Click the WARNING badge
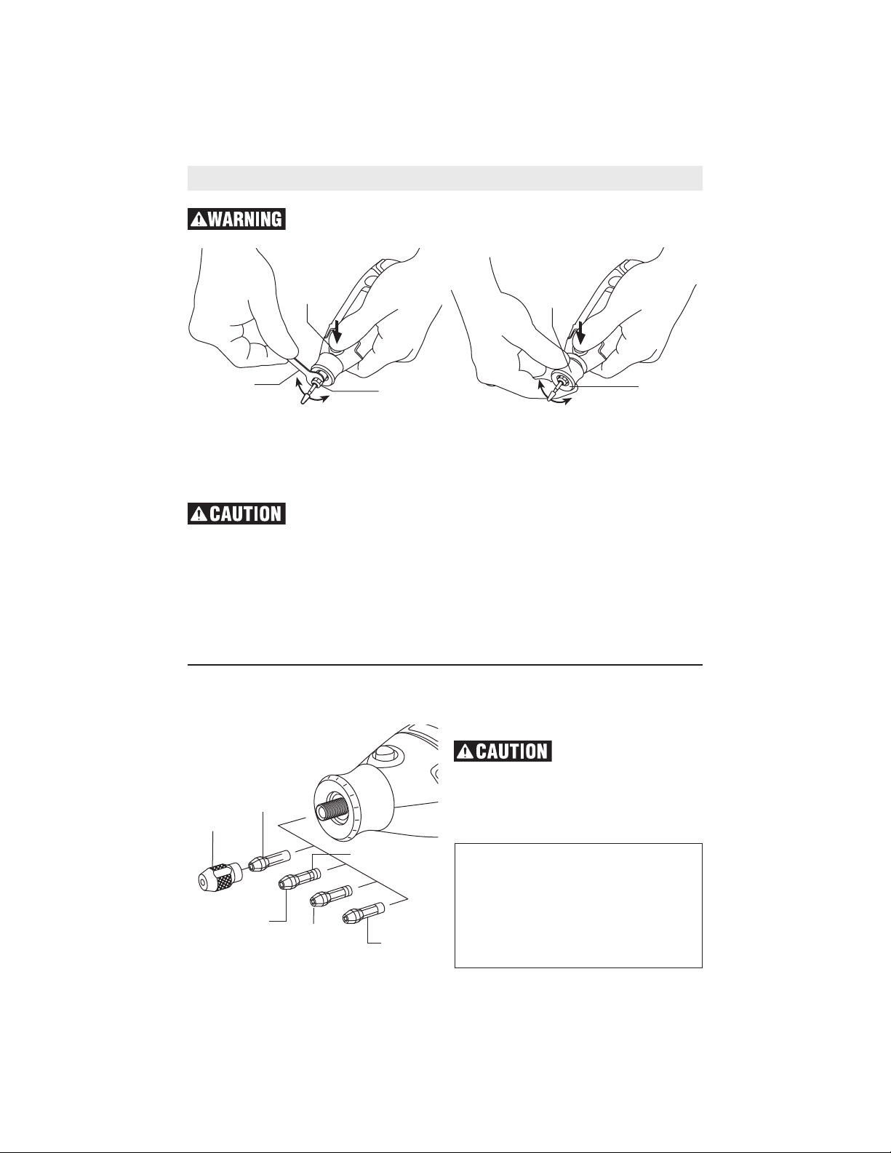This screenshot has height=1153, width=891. coord(236,219)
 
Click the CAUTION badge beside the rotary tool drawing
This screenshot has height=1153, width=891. coord(503,751)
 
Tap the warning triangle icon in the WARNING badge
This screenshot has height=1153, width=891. coord(199,219)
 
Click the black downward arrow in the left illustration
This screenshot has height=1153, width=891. coord(337,333)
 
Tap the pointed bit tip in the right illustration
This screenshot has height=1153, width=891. coord(551,400)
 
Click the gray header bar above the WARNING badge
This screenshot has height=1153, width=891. coord(445,178)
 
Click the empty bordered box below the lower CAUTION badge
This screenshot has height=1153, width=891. coord(579,906)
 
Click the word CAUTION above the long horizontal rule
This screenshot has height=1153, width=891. coord(246,514)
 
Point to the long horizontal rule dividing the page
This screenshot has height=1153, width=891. coord(445,664)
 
